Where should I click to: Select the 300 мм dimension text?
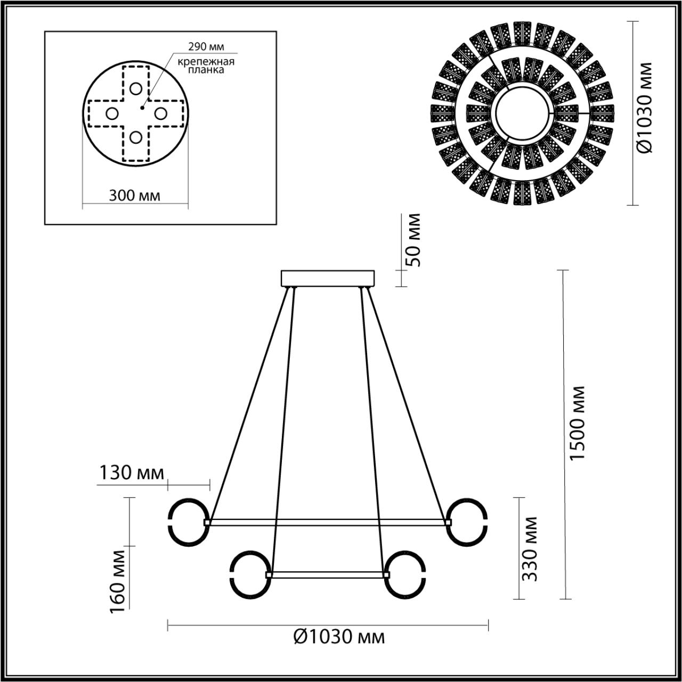tap(134, 195)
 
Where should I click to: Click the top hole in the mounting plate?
tap(136, 88)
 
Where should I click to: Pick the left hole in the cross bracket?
tap(111, 113)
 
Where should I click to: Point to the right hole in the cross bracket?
tap(160, 113)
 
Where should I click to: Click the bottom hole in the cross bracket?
tap(136, 137)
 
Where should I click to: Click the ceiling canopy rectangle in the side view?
tap(328, 279)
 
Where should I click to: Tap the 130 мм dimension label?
tap(131, 473)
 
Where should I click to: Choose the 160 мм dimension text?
tap(119, 580)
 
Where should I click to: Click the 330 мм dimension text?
tap(530, 549)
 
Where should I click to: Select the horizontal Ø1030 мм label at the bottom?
tap(339, 636)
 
